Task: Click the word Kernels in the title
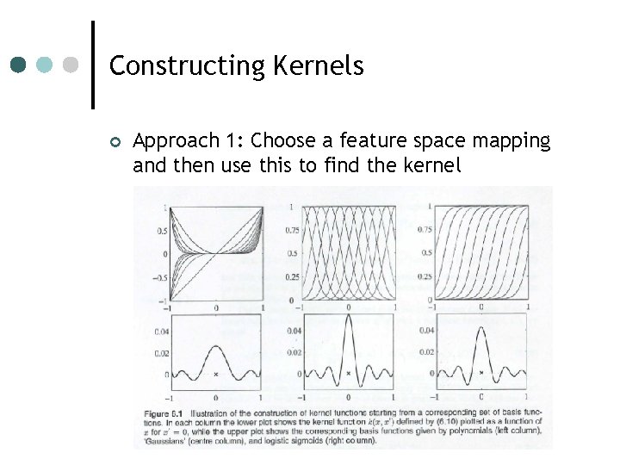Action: tap(319, 65)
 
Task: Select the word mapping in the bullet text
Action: tap(513, 140)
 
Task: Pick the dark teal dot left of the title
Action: tap(19, 65)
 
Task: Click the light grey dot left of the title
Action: tap(71, 65)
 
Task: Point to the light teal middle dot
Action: tap(46, 65)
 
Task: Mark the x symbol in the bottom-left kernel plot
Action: tap(215, 375)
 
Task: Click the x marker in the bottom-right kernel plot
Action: tap(480, 374)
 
